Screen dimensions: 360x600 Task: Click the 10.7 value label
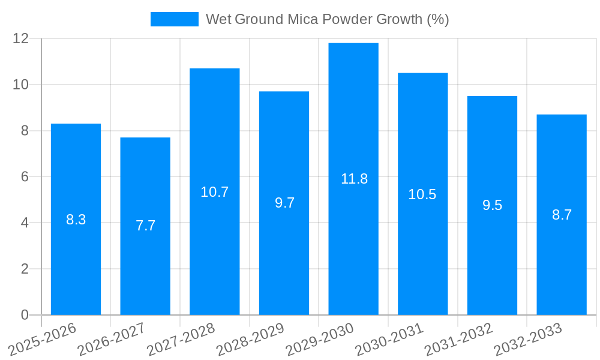point(215,192)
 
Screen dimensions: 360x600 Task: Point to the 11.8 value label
point(354,179)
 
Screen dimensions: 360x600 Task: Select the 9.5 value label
point(492,205)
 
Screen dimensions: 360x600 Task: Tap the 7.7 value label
point(145,226)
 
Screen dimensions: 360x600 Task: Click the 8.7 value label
point(562,215)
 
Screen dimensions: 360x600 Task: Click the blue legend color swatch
point(174,19)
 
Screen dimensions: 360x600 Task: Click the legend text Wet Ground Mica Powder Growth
point(327,19)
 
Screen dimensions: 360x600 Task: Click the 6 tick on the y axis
point(25,177)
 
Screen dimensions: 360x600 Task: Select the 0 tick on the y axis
point(25,315)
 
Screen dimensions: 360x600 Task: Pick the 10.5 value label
point(422,194)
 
